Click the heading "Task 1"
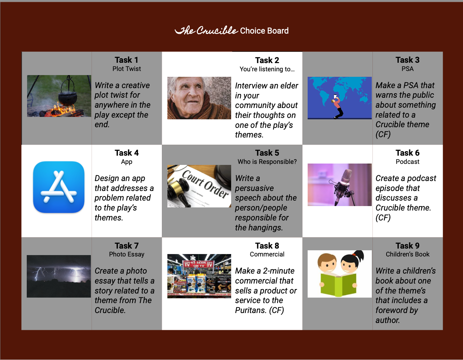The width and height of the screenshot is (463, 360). pos(127,60)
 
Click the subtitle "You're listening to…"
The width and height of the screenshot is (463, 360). pos(267,69)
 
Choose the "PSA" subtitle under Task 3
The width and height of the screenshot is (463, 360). pos(407,69)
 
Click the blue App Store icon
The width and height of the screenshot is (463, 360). pos(59,187)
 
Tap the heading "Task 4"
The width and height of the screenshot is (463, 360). pos(127,153)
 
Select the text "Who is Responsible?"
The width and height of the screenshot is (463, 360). pos(267,162)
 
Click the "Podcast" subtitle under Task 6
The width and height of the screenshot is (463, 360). pos(407,162)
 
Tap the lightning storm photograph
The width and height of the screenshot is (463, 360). pos(59,276)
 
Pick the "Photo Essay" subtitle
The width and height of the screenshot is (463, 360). pos(127,254)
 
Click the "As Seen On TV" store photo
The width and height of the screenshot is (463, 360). pos(199,276)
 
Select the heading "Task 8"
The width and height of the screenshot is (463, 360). pos(267,246)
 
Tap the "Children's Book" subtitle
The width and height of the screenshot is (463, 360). pos(407,254)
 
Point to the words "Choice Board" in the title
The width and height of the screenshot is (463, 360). pos(264,31)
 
